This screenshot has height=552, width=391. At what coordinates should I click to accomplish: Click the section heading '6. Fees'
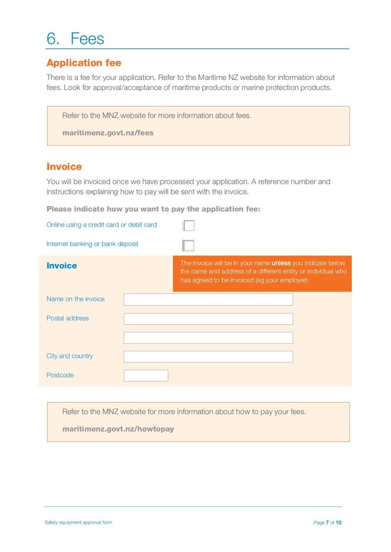click(75, 39)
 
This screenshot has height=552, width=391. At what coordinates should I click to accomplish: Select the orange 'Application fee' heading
click(84, 63)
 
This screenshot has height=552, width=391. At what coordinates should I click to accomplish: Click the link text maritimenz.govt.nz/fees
click(108, 132)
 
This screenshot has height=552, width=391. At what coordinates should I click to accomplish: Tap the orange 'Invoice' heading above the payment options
click(64, 167)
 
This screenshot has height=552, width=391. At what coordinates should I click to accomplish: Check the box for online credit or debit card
click(189, 225)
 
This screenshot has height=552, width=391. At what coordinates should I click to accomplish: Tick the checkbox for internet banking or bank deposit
click(189, 245)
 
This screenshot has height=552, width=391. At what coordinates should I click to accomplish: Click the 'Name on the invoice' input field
click(208, 299)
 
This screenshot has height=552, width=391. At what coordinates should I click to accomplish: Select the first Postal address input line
click(208, 319)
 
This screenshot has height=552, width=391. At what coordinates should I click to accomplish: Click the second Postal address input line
click(208, 338)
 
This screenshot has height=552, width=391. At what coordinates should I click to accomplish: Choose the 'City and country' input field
click(208, 357)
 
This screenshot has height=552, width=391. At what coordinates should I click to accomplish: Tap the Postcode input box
click(146, 375)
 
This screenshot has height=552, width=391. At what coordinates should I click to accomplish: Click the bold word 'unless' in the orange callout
click(281, 263)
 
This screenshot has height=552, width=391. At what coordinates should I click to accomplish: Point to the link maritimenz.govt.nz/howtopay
click(118, 429)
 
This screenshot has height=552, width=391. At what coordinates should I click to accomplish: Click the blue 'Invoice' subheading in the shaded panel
click(62, 266)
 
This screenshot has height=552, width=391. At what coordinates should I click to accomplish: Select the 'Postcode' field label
click(60, 375)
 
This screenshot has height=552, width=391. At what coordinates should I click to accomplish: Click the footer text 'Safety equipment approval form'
click(78, 522)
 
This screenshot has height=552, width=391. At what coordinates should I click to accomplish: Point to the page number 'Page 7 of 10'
click(327, 523)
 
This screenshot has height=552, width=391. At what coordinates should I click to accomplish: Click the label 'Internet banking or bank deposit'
click(92, 244)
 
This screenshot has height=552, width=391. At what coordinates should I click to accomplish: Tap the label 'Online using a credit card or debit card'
click(102, 225)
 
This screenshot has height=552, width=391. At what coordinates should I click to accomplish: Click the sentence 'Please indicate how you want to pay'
click(153, 209)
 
